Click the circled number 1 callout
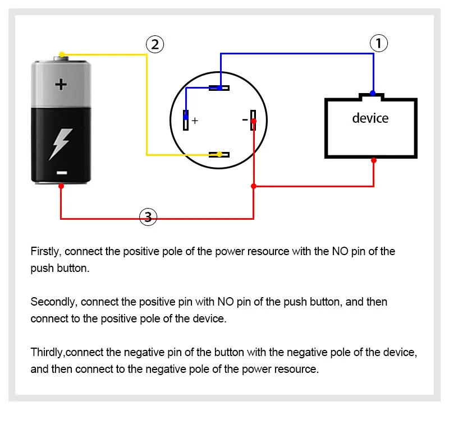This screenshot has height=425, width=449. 378,43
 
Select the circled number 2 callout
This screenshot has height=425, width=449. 155,44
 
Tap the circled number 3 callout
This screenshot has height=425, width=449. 148,217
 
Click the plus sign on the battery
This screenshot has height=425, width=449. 61,84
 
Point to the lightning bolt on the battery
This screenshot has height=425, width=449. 61,144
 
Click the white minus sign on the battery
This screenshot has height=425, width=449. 62,173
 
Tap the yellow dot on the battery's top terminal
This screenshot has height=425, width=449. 62,54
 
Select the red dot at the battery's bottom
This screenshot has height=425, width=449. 61,186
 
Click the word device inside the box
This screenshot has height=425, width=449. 370,118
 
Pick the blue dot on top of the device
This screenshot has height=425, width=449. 373,93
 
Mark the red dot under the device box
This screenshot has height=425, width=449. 374,160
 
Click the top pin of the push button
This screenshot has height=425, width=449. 219,88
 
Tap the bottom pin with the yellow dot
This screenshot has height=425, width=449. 219,155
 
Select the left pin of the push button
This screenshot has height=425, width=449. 186,120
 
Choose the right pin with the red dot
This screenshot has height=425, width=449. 253,120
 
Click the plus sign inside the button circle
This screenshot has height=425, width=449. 195,121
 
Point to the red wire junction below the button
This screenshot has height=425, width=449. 254,186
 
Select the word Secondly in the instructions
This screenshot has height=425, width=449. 54,302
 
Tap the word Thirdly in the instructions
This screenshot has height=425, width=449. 48,352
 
